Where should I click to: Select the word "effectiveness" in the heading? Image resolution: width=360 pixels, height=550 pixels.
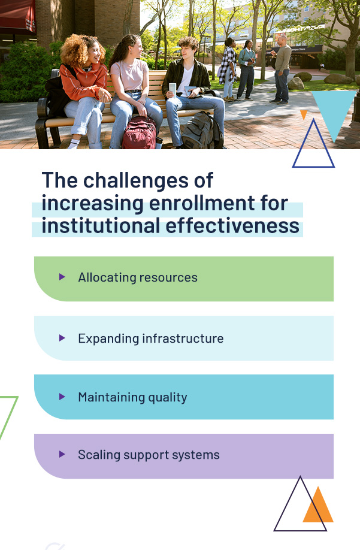point(232,225)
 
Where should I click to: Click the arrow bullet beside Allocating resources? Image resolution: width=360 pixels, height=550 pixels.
point(62,277)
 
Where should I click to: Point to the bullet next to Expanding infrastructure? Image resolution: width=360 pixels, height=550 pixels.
point(62,338)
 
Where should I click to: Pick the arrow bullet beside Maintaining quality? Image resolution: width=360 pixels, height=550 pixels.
point(62,397)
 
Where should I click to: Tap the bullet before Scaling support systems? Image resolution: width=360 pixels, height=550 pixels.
point(62,454)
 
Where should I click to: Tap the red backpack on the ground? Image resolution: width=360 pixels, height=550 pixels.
point(139,133)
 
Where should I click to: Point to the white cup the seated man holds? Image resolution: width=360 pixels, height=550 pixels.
point(172,89)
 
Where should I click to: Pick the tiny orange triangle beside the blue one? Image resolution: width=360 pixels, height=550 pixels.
point(304,114)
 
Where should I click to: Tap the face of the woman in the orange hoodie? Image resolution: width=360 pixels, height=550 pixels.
point(95,55)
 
